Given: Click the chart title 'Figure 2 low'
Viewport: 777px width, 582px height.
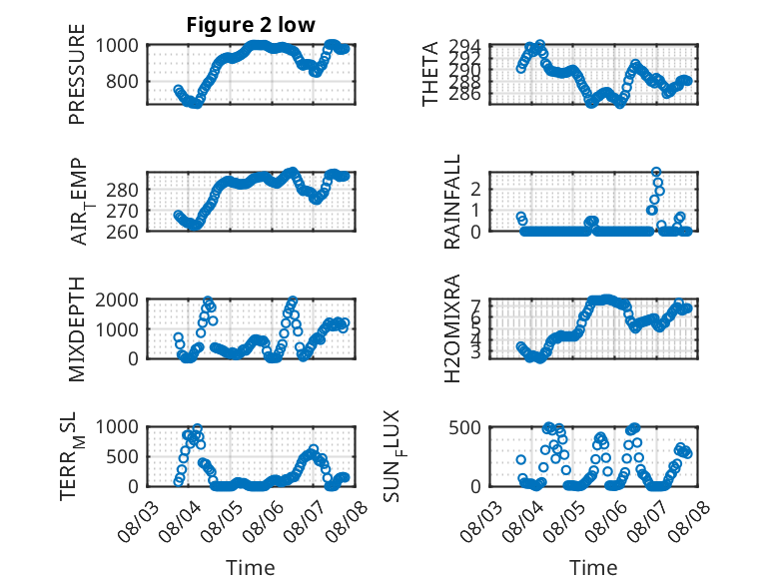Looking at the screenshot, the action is pyautogui.click(x=251, y=25).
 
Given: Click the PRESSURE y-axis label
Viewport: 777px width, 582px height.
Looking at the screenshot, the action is pyautogui.click(x=77, y=74).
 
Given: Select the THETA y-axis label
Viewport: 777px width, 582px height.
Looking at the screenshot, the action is pyautogui.click(x=430, y=74).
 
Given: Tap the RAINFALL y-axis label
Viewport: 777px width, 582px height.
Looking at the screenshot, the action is pyautogui.click(x=452, y=202).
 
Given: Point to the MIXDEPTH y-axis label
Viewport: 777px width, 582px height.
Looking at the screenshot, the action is pyautogui.click(x=77, y=328).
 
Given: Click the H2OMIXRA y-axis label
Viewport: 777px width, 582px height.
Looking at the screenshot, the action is pyautogui.click(x=452, y=328).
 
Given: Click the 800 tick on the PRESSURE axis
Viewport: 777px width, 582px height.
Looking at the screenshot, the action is pyautogui.click(x=122, y=81).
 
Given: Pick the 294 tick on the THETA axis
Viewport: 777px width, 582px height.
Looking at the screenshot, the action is pyautogui.click(x=464, y=47).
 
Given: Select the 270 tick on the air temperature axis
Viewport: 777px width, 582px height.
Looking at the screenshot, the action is pyautogui.click(x=122, y=211).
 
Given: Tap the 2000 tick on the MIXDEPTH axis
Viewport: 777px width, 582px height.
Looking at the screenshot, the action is pyautogui.click(x=117, y=299).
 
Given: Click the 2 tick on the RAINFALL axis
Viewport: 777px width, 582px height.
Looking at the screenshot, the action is pyautogui.click(x=475, y=189).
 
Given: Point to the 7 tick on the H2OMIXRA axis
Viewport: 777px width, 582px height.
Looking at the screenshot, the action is pyautogui.click(x=475, y=304).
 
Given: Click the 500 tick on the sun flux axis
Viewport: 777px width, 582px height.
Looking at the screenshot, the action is pyautogui.click(x=464, y=427).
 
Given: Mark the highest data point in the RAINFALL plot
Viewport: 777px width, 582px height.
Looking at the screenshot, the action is pyautogui.click(x=656, y=172).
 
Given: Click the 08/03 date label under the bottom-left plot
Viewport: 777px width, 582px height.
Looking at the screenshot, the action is pyautogui.click(x=138, y=521).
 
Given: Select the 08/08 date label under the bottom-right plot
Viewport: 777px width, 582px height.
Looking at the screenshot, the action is pyautogui.click(x=689, y=521).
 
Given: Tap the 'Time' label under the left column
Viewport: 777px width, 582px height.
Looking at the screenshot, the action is pyautogui.click(x=251, y=567).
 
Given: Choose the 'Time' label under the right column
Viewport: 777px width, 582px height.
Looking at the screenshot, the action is pyautogui.click(x=593, y=567).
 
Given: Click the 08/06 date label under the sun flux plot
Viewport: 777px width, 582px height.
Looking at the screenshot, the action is pyautogui.click(x=606, y=521).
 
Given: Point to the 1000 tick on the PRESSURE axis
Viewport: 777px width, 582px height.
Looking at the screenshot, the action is pyautogui.click(x=117, y=46).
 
